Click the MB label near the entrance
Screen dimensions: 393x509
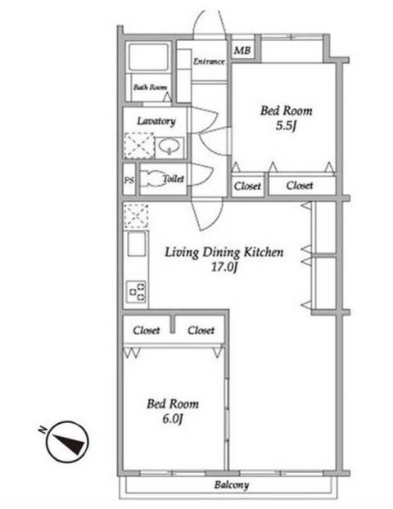pyautogui.click(x=242, y=50)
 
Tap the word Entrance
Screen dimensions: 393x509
pyautogui.click(x=209, y=61)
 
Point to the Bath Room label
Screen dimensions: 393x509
pyautogui.click(x=151, y=87)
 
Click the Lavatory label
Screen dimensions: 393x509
pyautogui.click(x=156, y=121)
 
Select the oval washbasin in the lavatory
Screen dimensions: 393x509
pyautogui.click(x=169, y=146)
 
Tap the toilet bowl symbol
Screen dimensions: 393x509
pyautogui.click(x=153, y=179)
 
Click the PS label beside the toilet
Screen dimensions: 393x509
pyautogui.click(x=129, y=180)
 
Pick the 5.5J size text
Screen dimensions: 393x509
pyautogui.click(x=286, y=126)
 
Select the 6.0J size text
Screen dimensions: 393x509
pyautogui.click(x=173, y=419)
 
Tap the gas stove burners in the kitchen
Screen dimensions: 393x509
pyautogui.click(x=136, y=291)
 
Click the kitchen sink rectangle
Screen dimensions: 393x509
pyautogui.click(x=137, y=244)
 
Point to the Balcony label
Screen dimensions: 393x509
pyautogui.click(x=232, y=485)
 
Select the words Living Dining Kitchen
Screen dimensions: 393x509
pyautogui.click(x=224, y=252)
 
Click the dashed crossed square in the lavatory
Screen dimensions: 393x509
pyautogui.click(x=139, y=146)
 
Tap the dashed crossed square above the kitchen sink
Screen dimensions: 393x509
pyautogui.click(x=136, y=216)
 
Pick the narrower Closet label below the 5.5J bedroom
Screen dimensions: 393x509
pyautogui.click(x=247, y=187)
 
